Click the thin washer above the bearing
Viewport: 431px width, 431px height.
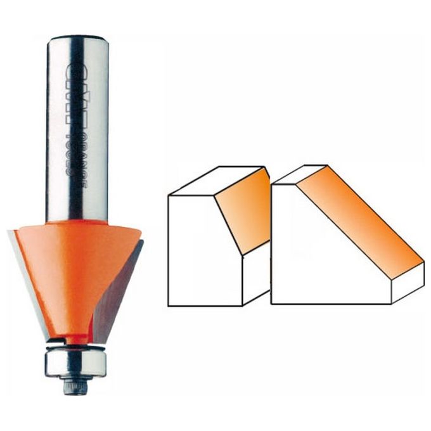coord(75,346)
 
